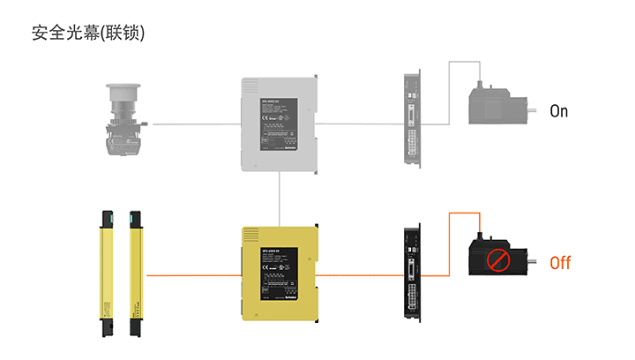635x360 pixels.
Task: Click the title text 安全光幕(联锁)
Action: (87, 34)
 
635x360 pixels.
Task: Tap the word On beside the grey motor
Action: (559, 111)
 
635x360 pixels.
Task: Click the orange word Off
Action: (560, 263)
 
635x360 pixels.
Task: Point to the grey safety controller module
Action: (279, 124)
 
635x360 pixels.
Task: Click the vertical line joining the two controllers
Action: (279, 199)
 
